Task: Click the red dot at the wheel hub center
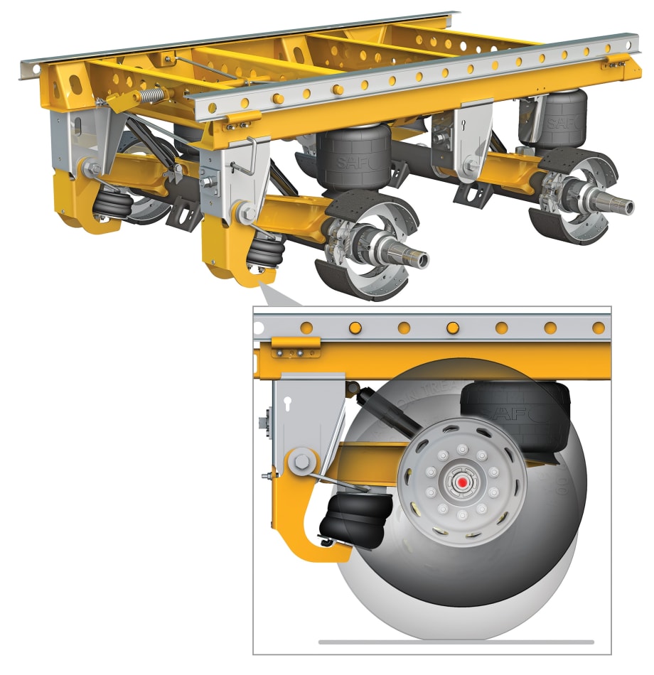coord(463,482)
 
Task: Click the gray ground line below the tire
coord(455,642)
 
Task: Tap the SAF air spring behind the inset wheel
coord(512,409)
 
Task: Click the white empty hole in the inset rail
coord(258,328)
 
